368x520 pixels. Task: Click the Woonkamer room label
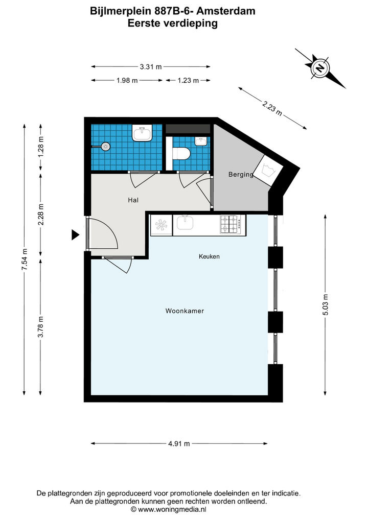pyautogui.click(x=185, y=311)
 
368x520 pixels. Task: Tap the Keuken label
pyautogui.click(x=209, y=256)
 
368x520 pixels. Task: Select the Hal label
pyautogui.click(x=133, y=200)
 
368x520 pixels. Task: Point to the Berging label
pyautogui.click(x=241, y=174)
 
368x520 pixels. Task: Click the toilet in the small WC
pyautogui.click(x=181, y=153)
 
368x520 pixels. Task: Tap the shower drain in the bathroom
pyautogui.click(x=105, y=146)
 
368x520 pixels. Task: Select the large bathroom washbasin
pyautogui.click(x=143, y=133)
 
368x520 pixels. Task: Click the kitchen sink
pyautogui.click(x=185, y=222)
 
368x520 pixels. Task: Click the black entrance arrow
pyautogui.click(x=76, y=235)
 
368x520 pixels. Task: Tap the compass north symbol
pyautogui.click(x=320, y=68)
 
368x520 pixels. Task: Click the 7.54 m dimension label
pyautogui.click(x=24, y=259)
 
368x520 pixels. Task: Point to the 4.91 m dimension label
pyautogui.click(x=179, y=444)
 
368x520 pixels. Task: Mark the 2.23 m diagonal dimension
pyautogui.click(x=272, y=108)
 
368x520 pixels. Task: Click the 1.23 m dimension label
pyautogui.click(x=188, y=80)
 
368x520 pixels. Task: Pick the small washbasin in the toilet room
pyautogui.click(x=200, y=141)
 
